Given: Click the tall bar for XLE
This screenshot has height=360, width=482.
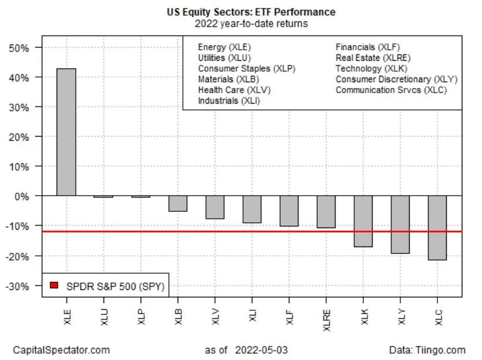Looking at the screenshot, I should [66, 132].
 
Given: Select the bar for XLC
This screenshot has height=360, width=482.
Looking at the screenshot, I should [437, 227].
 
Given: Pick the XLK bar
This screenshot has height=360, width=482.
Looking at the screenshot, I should [363, 221].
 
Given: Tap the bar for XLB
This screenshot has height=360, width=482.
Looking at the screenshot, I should [178, 203].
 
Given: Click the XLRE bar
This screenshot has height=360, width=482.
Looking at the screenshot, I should [326, 211].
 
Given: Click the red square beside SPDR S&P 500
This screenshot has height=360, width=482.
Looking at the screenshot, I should [54, 285].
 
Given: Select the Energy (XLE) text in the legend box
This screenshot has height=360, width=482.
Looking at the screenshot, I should [225, 47].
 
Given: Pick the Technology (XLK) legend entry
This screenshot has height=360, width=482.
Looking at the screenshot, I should [371, 68].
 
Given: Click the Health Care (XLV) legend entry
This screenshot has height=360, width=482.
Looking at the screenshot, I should [234, 90].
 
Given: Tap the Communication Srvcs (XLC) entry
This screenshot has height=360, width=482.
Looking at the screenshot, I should [391, 90].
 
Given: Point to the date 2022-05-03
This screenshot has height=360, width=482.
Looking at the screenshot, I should [262, 350].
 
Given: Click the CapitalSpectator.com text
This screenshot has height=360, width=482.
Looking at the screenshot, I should [61, 350].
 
